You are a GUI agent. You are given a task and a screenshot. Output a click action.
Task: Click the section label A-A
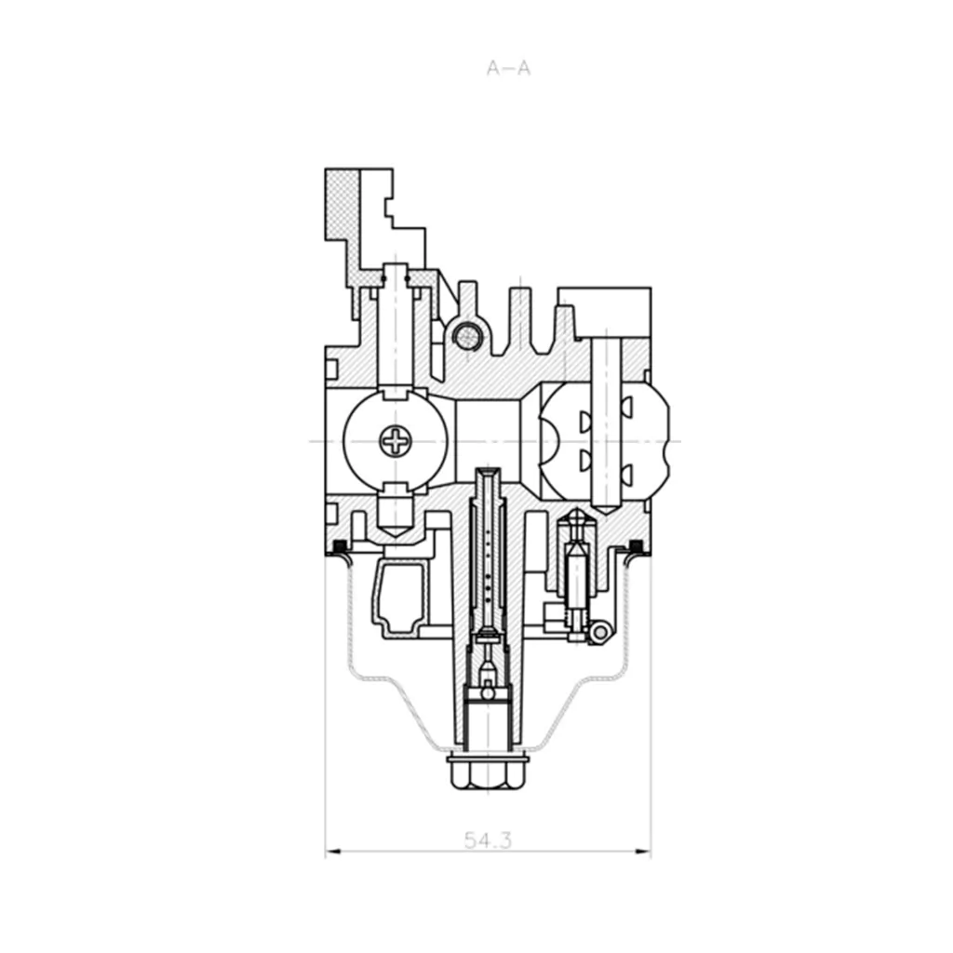509,68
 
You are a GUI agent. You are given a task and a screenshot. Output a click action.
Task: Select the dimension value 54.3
488,840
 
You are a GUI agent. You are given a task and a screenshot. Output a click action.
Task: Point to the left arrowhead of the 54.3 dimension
334,851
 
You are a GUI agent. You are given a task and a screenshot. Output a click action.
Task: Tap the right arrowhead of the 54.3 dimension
643,851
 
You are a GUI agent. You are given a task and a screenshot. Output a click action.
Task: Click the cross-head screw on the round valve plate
396,440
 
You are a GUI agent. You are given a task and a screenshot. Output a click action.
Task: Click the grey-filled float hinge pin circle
600,633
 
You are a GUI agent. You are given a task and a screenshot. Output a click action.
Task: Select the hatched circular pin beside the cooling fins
469,334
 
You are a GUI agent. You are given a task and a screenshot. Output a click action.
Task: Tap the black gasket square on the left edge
340,544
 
